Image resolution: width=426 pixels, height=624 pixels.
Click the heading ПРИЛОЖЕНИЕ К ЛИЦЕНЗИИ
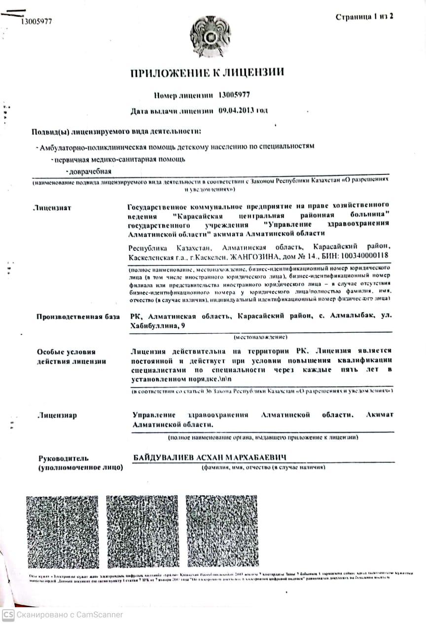click(207, 73)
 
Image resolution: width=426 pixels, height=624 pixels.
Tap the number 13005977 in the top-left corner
click(36, 21)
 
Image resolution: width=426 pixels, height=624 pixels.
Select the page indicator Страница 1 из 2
click(364, 17)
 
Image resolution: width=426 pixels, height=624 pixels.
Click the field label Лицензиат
click(52, 208)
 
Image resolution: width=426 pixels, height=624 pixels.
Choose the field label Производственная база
click(78, 316)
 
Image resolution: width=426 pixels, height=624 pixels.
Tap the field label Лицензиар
click(58, 415)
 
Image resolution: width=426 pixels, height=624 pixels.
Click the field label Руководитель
click(63, 458)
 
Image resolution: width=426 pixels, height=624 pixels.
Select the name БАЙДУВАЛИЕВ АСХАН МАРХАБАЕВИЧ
click(210, 457)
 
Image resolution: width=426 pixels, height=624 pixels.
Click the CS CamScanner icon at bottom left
click(8, 615)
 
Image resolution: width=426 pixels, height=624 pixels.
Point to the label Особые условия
click(66, 352)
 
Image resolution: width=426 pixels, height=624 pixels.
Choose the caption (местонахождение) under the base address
click(260, 337)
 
